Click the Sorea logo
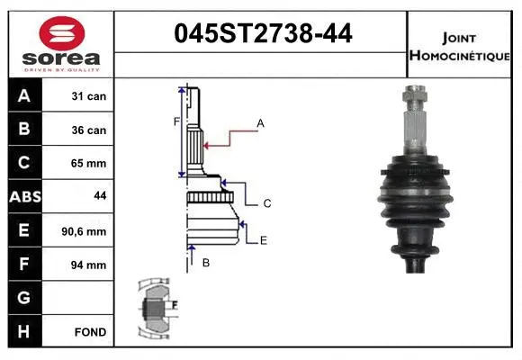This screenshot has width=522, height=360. [x=60, y=43]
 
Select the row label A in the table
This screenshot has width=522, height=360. [x=23, y=96]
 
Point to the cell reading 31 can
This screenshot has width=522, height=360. [x=89, y=96]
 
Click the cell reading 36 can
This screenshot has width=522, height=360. [x=89, y=130]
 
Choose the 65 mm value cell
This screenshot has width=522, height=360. [x=89, y=164]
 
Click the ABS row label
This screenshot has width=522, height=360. [x=23, y=197]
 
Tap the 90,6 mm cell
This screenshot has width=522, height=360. [x=87, y=231]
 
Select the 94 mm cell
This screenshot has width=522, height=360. [x=89, y=265]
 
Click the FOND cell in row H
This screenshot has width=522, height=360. [x=89, y=332]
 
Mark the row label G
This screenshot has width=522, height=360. [x=23, y=298]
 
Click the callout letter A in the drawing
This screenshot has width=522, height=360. [x=260, y=122]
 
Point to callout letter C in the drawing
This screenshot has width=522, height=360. [x=267, y=203]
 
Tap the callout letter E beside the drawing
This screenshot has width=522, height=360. [x=263, y=240]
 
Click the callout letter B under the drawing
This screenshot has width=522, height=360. [x=206, y=263]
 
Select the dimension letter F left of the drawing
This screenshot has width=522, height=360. [x=177, y=121]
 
